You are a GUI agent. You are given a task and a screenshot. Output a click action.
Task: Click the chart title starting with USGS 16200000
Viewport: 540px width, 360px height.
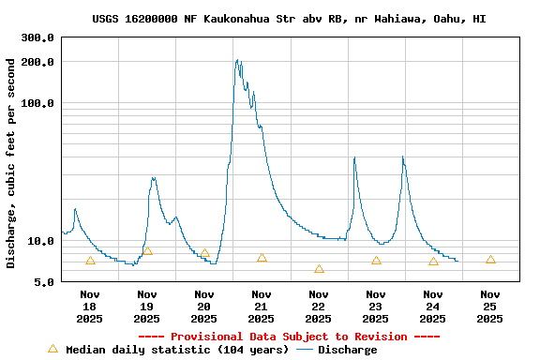point(289,19)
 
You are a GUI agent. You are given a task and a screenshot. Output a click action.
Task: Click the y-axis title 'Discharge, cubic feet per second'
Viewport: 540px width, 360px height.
point(11,163)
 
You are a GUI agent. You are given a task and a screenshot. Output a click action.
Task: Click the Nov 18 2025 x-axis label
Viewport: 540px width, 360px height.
point(90,307)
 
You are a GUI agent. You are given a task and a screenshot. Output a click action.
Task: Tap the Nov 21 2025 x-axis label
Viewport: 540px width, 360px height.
point(262,307)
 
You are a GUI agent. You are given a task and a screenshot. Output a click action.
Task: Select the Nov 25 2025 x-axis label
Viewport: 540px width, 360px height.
point(490,307)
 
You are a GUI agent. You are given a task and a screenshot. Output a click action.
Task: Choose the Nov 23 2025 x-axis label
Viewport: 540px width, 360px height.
point(376,307)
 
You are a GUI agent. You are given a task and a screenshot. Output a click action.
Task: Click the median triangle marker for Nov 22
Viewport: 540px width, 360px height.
point(319,269)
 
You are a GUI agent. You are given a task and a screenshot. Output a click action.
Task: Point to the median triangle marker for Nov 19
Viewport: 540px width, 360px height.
point(147,250)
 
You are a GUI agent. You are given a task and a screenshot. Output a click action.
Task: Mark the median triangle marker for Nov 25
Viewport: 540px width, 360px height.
point(490,260)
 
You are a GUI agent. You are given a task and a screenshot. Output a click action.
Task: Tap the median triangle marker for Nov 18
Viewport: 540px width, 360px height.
point(90,261)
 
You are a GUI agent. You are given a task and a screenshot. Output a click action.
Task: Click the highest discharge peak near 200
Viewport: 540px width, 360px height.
point(237,61)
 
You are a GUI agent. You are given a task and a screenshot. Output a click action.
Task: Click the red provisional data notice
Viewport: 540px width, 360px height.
point(289,337)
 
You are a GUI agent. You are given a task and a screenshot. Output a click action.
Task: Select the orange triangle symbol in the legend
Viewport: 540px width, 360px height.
point(52,349)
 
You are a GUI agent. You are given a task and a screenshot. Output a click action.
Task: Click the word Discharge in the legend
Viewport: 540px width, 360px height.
point(347,350)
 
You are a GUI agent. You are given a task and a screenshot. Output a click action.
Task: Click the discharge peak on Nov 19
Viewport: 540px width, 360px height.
point(153,178)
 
